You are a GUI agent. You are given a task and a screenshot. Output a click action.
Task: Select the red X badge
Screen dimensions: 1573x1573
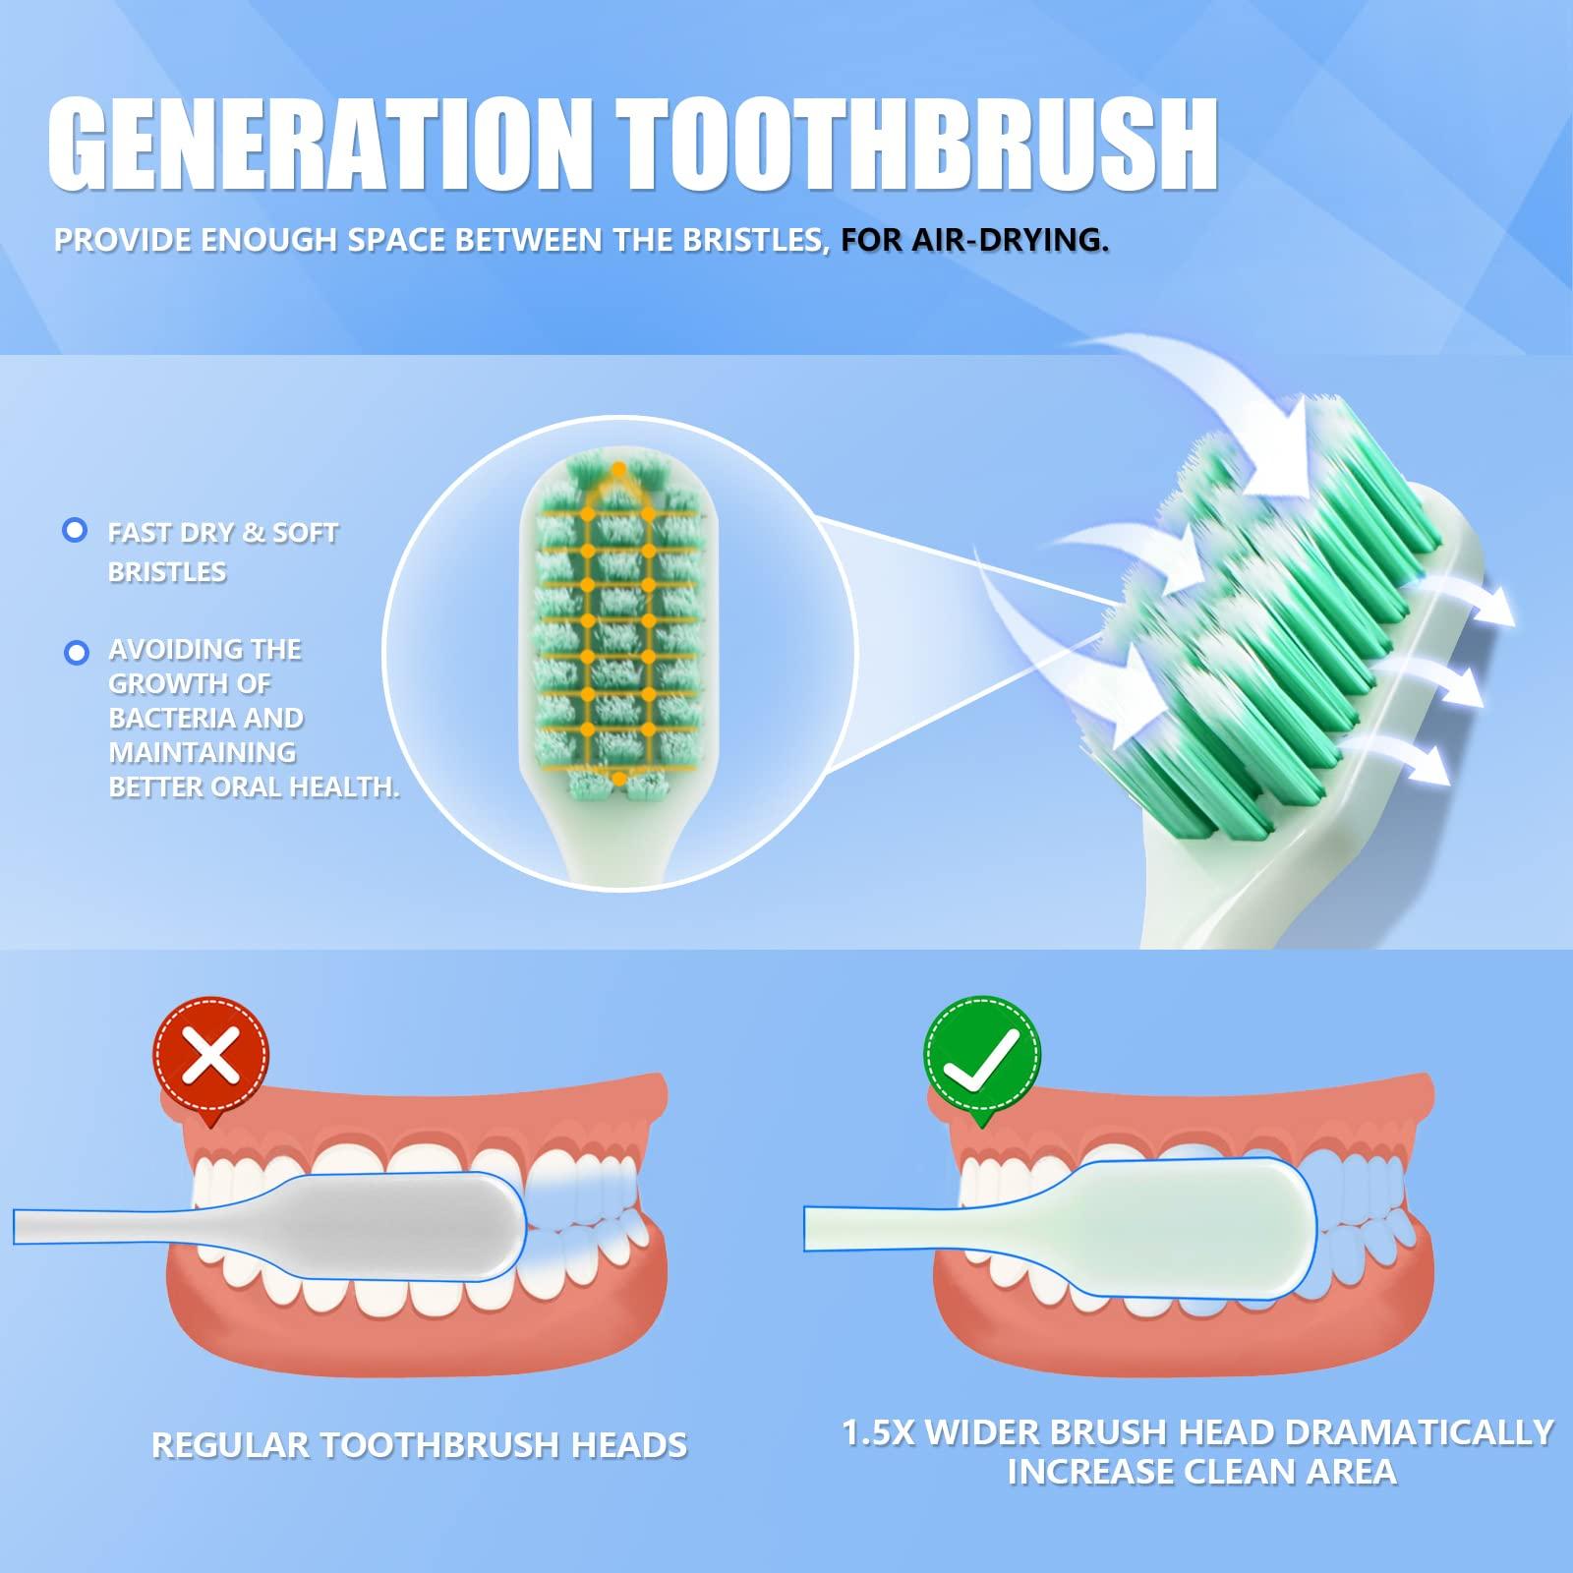point(211,1058)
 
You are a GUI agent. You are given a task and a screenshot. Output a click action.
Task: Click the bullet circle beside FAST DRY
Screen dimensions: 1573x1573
point(74,531)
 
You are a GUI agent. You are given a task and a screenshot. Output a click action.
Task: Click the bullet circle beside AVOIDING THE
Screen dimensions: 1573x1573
point(76,652)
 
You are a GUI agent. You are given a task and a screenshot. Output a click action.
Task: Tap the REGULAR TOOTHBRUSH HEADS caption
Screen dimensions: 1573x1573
point(419,1445)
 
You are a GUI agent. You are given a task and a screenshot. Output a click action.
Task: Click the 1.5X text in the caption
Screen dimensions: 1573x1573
point(879,1432)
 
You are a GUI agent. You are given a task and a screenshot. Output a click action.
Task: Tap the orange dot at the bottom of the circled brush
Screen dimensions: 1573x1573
point(618,779)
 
